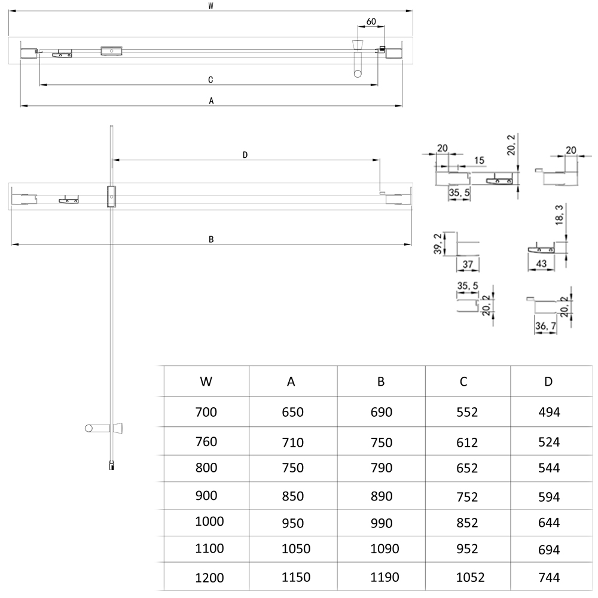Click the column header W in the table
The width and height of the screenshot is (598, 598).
click(x=206, y=382)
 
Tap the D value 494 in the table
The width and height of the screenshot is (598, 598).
click(x=548, y=412)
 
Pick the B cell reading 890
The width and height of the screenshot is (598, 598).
click(x=381, y=496)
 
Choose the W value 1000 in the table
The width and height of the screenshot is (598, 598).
click(x=209, y=521)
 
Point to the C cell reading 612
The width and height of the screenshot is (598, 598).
click(x=467, y=443)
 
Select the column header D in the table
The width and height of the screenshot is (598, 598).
click(x=548, y=382)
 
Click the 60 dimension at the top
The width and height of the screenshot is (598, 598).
click(x=371, y=22)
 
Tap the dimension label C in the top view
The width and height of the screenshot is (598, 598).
click(x=210, y=80)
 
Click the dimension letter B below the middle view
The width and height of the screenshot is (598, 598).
click(x=211, y=239)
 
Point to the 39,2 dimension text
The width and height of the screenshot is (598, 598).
click(x=439, y=245)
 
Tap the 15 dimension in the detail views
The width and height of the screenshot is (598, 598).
click(x=480, y=160)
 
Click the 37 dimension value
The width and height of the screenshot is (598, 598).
click(x=468, y=264)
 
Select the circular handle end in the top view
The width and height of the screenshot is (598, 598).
click(x=357, y=74)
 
